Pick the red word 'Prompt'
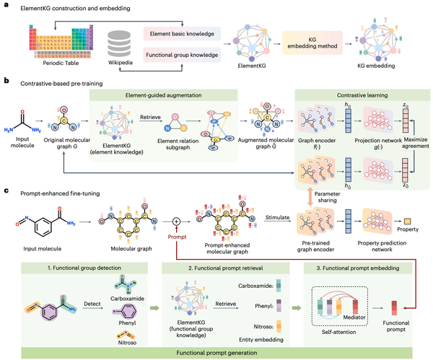coord(176,236)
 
